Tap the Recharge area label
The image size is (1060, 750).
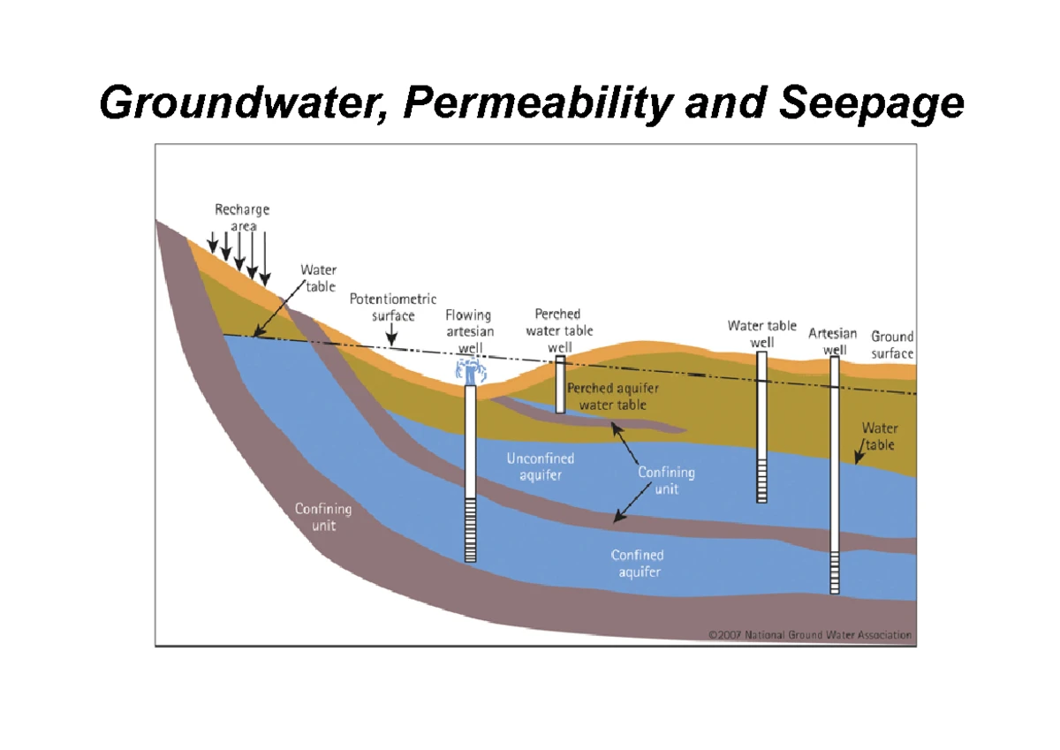(242, 217)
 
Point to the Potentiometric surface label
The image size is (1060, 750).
(393, 307)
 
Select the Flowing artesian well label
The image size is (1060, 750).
(469, 331)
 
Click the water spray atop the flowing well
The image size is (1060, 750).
(470, 371)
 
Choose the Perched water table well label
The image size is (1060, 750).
(559, 330)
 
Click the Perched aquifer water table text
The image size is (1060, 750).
(613, 397)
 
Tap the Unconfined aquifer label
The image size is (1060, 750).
(541, 466)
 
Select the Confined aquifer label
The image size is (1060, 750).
(638, 563)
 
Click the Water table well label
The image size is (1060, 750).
(761, 334)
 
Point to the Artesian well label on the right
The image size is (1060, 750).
(833, 342)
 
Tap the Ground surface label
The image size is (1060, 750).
(892, 345)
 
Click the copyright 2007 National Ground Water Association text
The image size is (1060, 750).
(810, 635)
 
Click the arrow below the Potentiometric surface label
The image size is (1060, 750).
(392, 334)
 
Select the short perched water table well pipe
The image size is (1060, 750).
(560, 384)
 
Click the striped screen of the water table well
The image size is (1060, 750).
(761, 481)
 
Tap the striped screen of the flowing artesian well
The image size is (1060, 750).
(470, 530)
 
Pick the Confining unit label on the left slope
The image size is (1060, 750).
(323, 517)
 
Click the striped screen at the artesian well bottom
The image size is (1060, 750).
(835, 572)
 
